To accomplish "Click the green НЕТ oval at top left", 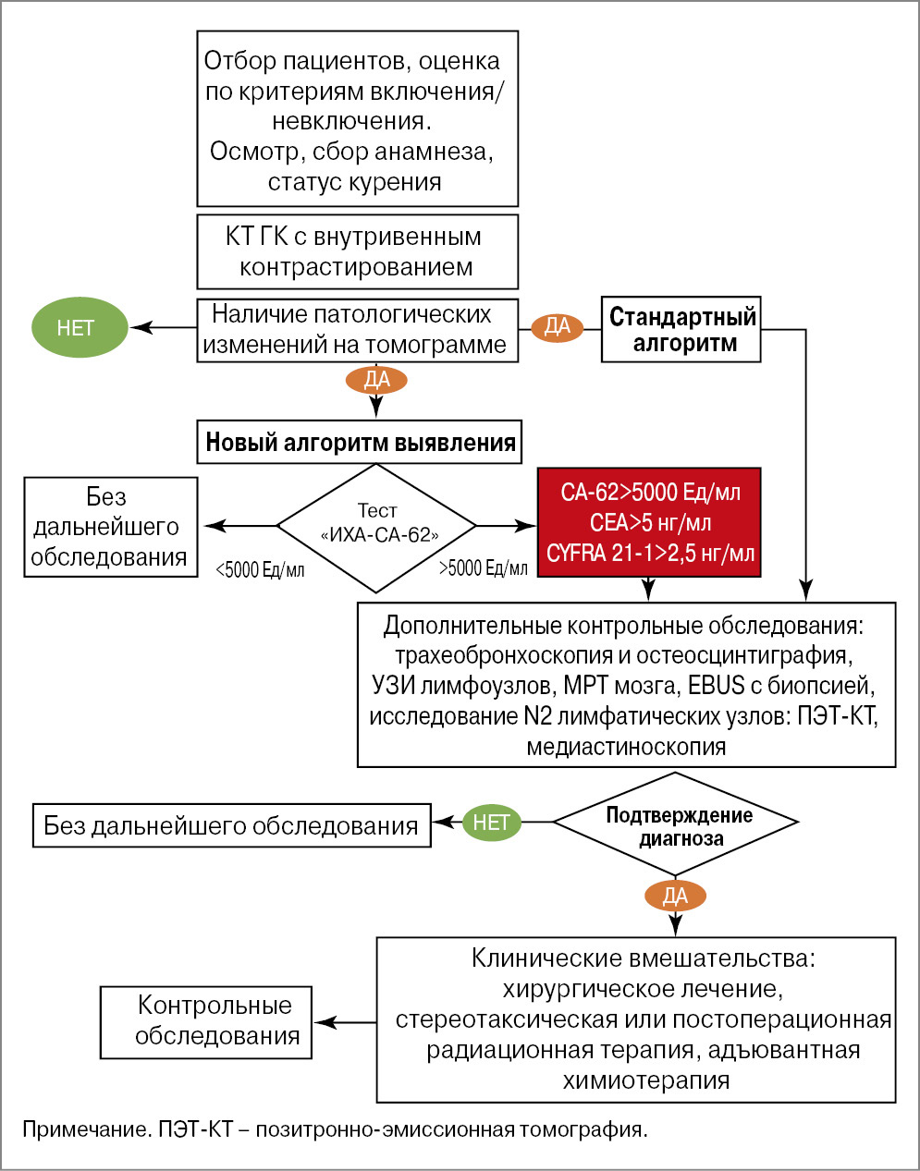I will (80, 327).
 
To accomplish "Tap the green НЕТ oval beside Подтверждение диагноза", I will (491, 822).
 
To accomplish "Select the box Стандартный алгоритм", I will (681, 329).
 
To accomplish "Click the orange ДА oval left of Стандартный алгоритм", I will (558, 327).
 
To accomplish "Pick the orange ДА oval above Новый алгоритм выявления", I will (376, 379).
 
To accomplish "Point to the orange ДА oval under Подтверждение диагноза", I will (675, 896).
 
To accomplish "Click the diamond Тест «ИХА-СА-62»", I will (377, 526).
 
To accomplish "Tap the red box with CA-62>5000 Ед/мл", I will (649, 522).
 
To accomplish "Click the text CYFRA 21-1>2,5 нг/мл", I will (650, 554).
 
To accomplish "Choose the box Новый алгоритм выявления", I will (360, 442).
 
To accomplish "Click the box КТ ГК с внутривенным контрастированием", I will (357, 251).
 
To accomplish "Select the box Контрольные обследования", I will (206, 1022).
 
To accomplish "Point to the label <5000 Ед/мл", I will (259, 570).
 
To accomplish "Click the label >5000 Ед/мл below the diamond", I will (483, 568).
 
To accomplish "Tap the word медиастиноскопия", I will (626, 747).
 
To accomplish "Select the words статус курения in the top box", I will (354, 183).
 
